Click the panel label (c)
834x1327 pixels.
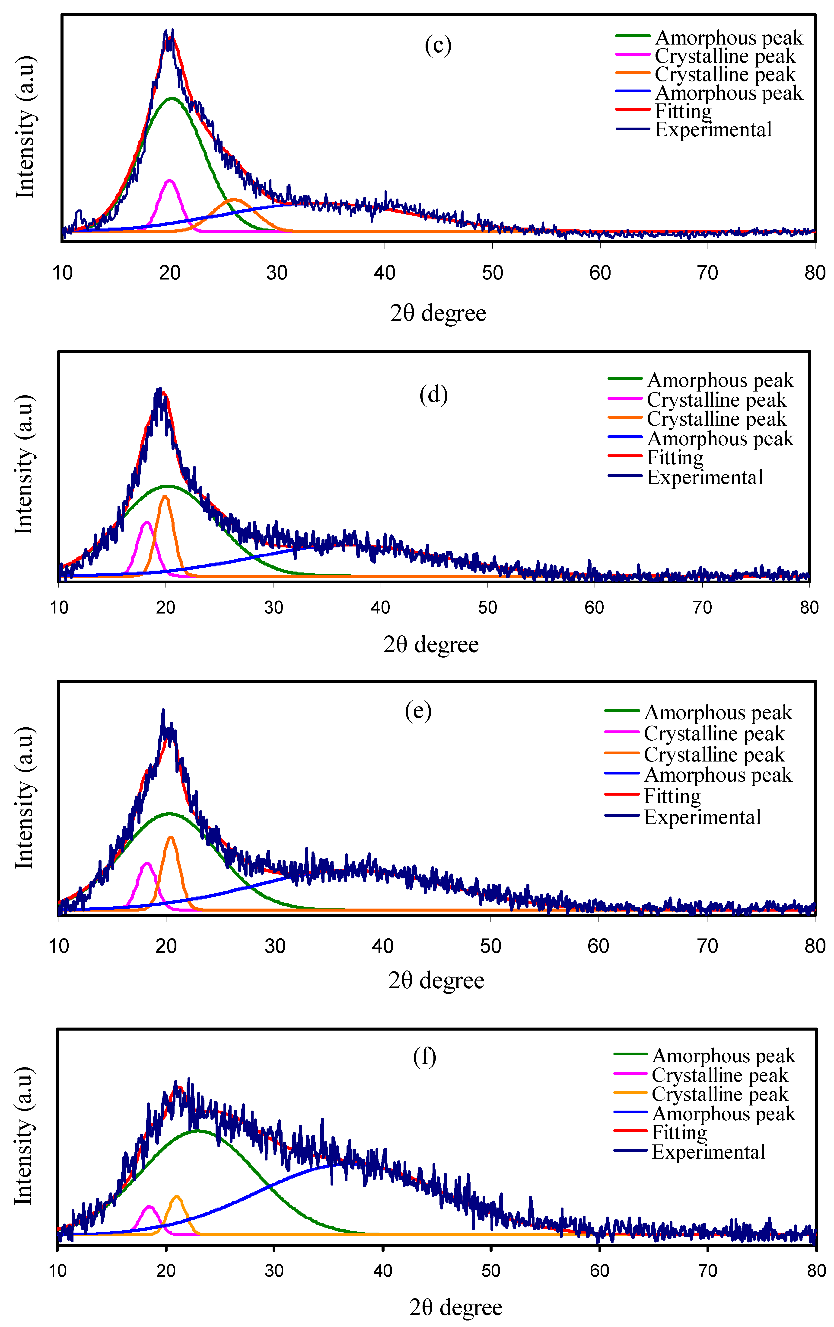tap(438, 45)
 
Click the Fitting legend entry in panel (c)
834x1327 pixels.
tap(683, 111)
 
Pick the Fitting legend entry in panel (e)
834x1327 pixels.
tap(672, 796)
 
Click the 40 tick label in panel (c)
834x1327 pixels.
tap(385, 273)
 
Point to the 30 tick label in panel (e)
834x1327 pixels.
tap(274, 946)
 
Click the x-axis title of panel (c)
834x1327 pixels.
tap(438, 313)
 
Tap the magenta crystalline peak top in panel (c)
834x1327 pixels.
tap(170, 180)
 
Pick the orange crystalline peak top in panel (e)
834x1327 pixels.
tap(171, 838)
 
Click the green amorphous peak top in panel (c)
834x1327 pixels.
tap(172, 98)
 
